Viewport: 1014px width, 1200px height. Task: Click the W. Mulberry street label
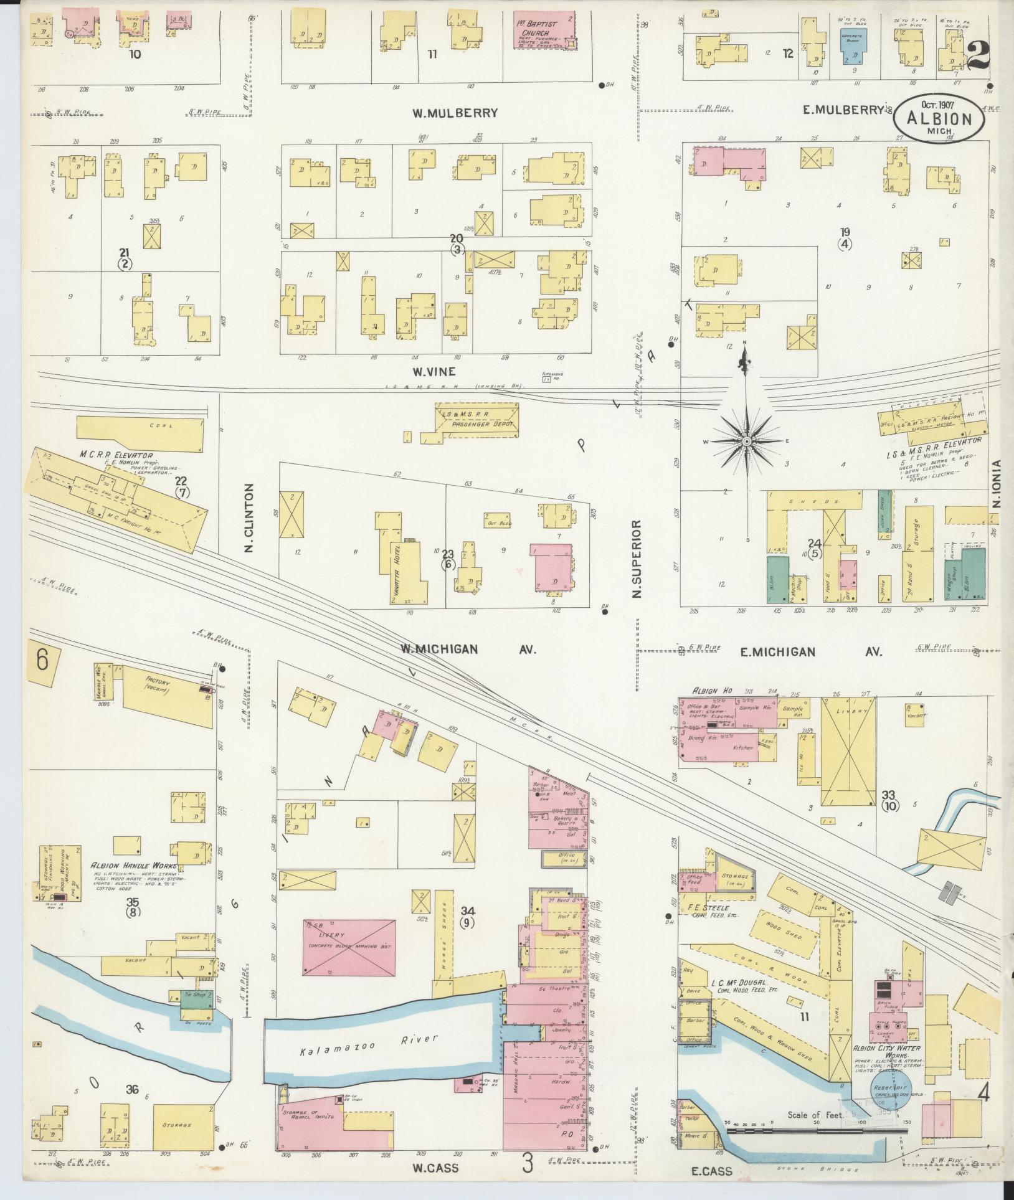(x=455, y=113)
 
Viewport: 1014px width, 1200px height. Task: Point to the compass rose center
(x=746, y=441)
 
